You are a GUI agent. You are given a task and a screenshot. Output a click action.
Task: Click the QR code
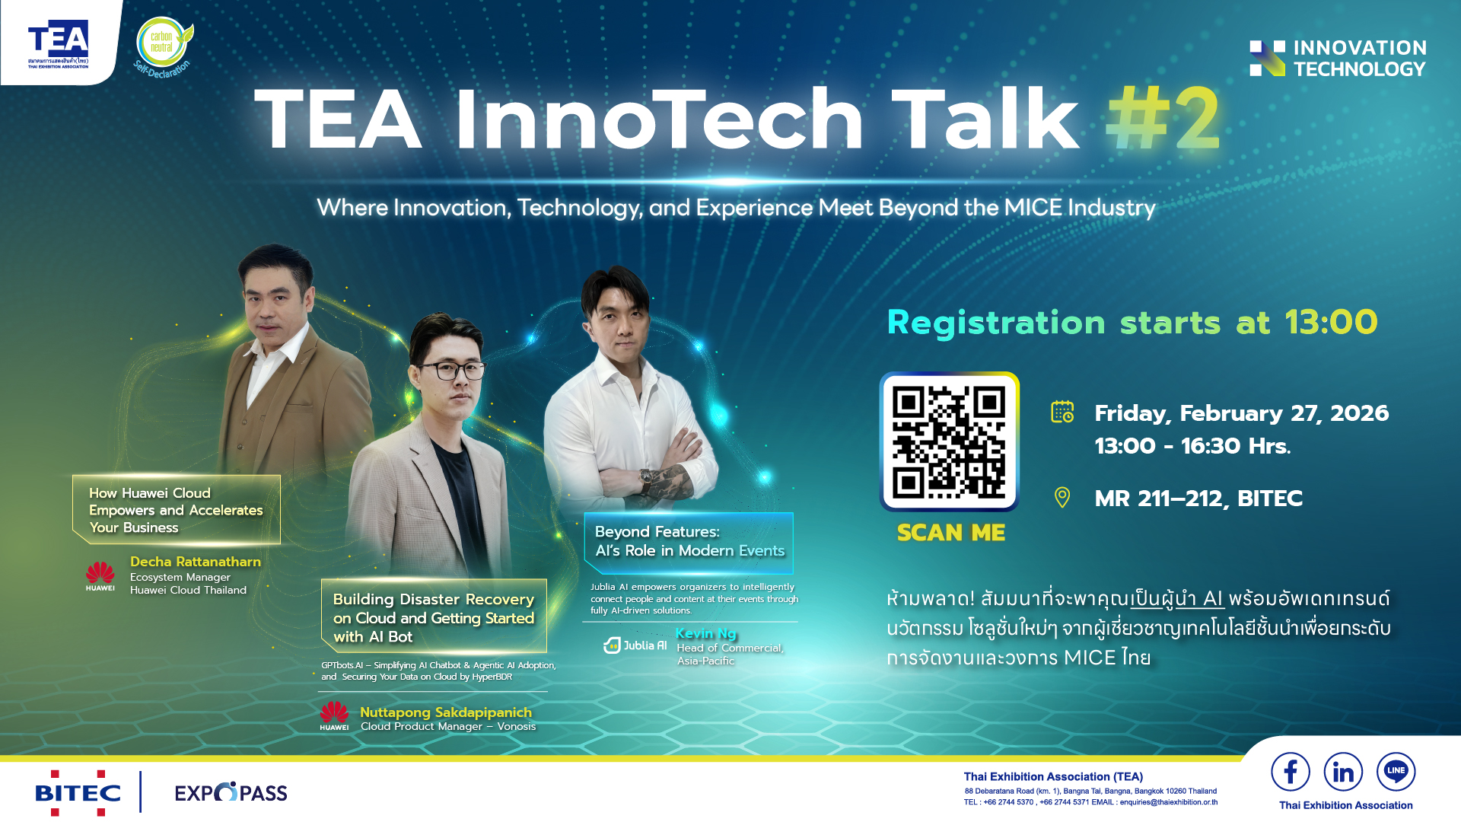click(949, 441)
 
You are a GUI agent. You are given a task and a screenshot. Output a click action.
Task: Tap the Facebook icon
click(1291, 772)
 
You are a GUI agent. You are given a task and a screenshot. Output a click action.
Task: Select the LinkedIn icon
click(1343, 772)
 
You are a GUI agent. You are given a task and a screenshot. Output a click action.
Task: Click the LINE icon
click(1396, 772)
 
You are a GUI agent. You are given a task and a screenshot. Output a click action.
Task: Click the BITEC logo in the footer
click(78, 793)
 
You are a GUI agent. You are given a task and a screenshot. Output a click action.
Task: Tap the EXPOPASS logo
click(231, 793)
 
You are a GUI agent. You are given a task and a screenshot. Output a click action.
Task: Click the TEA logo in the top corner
click(59, 43)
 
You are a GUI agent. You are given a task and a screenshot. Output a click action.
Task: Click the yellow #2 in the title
click(1163, 119)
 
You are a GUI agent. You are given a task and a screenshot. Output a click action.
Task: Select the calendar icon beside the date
click(1062, 412)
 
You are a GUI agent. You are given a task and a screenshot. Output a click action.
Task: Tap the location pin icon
click(1062, 498)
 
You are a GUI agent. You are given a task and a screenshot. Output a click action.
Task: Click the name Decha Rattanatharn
click(196, 562)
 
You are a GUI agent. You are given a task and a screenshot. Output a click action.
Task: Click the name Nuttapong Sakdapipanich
click(446, 712)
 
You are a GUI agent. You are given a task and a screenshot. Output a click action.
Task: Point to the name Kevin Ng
click(706, 633)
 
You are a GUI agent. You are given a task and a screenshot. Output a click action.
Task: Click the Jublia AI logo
click(635, 645)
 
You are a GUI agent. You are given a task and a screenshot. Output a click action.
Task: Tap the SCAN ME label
click(951, 533)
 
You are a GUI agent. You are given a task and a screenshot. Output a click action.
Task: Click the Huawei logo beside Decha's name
click(100, 576)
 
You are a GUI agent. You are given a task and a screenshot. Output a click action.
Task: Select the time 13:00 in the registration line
click(1332, 323)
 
